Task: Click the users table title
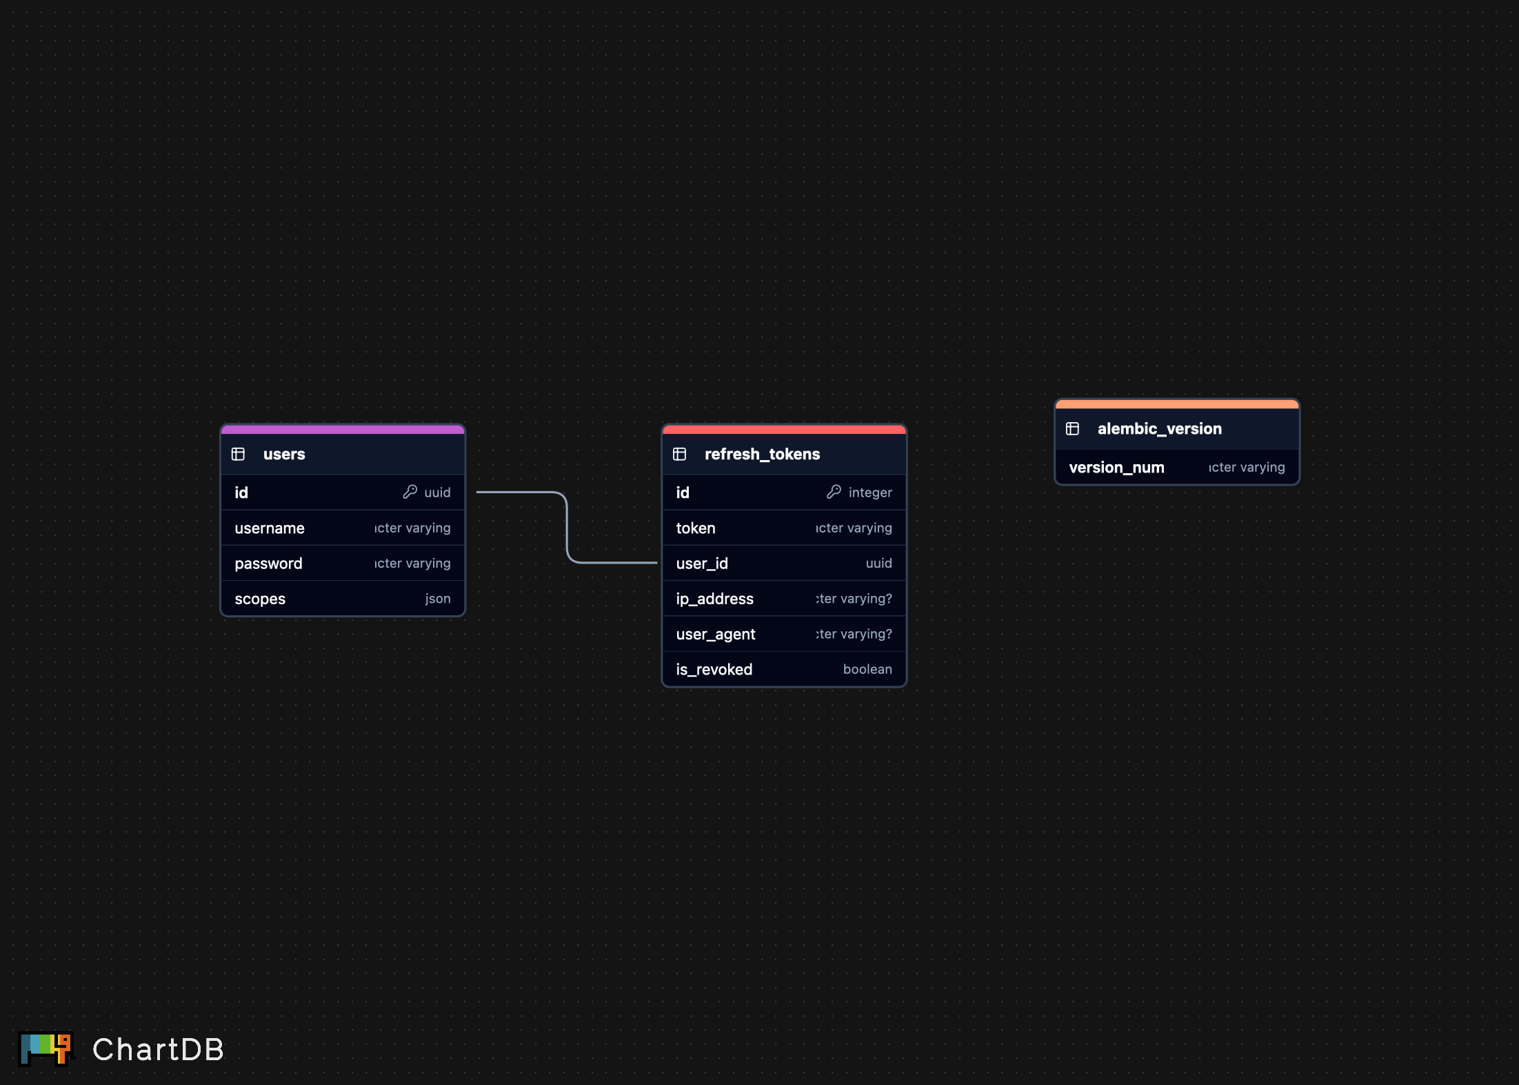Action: pyautogui.click(x=284, y=454)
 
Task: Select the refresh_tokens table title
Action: pyautogui.click(x=762, y=454)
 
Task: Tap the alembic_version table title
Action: pyautogui.click(x=1159, y=429)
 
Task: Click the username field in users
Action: pyautogui.click(x=270, y=528)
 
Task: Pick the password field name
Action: pyautogui.click(x=268, y=564)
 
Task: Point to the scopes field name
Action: pyautogui.click(x=260, y=599)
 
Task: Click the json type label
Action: pyautogui.click(x=438, y=599)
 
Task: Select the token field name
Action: pyautogui.click(x=696, y=528)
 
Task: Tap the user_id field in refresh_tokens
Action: pyautogui.click(x=702, y=564)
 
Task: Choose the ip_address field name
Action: pyautogui.click(x=714, y=599)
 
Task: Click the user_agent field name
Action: pyautogui.click(x=716, y=634)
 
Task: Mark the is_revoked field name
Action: pyautogui.click(x=714, y=669)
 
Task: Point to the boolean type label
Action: pyautogui.click(x=867, y=669)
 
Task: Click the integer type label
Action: pyautogui.click(x=870, y=492)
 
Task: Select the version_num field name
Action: pyautogui.click(x=1116, y=468)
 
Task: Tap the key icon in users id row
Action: pyautogui.click(x=410, y=492)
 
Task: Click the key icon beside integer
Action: pyautogui.click(x=834, y=492)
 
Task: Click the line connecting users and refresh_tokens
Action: pyautogui.click(x=567, y=527)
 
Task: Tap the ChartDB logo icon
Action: pyautogui.click(x=46, y=1048)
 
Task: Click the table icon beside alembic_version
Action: pyautogui.click(x=1072, y=429)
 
